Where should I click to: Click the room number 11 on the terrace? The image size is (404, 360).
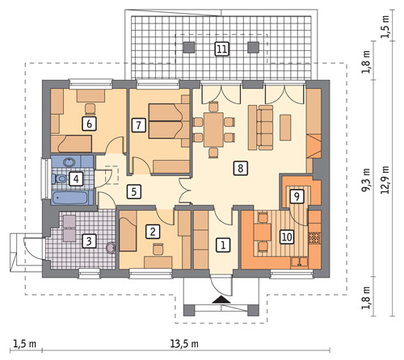pyautogui.click(x=222, y=49)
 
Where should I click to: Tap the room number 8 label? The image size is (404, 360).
pyautogui.click(x=241, y=168)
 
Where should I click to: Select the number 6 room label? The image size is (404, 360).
pyautogui.click(x=89, y=123)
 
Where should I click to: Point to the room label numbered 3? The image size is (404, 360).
pyautogui.click(x=89, y=241)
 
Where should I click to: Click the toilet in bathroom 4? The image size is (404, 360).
pyautogui.click(x=60, y=178)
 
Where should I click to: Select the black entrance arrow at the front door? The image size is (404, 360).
pyautogui.click(x=221, y=299)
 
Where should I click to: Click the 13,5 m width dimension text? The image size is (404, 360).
pyautogui.click(x=184, y=343)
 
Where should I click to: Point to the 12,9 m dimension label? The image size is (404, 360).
pyautogui.click(x=386, y=179)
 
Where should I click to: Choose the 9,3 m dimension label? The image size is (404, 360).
pyautogui.click(x=366, y=179)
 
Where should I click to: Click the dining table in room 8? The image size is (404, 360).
pyautogui.click(x=213, y=130)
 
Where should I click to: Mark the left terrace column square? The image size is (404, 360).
pyautogui.click(x=189, y=47)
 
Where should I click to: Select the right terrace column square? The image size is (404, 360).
pyautogui.click(x=253, y=47)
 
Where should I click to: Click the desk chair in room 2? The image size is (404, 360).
pyautogui.click(x=158, y=249)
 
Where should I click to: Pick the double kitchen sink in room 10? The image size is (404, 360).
pyautogui.click(x=299, y=262)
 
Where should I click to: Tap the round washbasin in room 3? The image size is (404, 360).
pyautogui.click(x=111, y=248)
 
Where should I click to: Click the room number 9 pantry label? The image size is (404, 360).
pyautogui.click(x=297, y=196)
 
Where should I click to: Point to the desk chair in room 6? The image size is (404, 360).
pyautogui.click(x=90, y=109)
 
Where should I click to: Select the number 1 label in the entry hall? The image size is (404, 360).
pyautogui.click(x=223, y=245)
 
